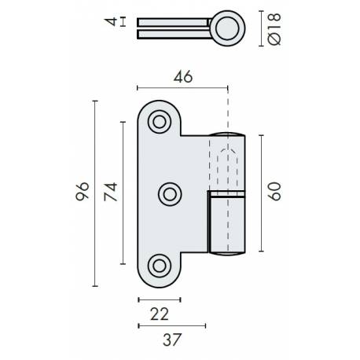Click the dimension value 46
tap(183, 76)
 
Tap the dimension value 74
tap(111, 192)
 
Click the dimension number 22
tap(159, 314)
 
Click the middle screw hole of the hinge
tap(170, 193)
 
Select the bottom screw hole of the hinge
tap(160, 265)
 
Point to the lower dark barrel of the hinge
tap(227, 224)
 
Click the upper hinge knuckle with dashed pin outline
tap(227, 161)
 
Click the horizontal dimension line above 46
tap(183, 88)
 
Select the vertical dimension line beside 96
tap(94, 193)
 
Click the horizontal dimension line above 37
tap(171, 324)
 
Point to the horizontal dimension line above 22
tap(159, 299)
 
